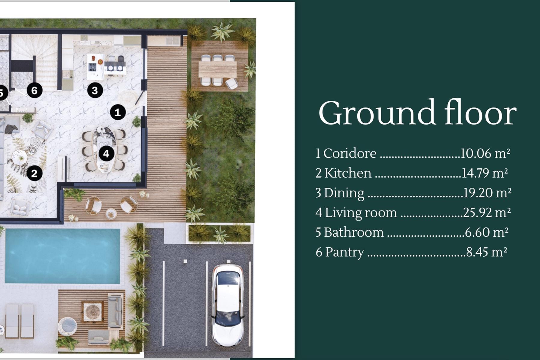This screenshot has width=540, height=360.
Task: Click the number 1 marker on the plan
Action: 118,112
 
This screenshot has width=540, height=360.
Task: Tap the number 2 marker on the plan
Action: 34,173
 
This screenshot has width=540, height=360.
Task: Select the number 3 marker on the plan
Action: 95,90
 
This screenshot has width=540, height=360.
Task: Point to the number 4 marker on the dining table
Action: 106,154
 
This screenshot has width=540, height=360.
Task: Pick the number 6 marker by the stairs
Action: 34,90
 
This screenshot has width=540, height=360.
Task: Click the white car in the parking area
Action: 228,305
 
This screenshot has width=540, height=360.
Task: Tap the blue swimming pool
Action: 62,256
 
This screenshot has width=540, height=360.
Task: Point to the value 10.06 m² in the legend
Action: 485,153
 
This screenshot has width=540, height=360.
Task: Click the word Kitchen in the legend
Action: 348,173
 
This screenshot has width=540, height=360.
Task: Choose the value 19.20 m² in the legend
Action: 487,193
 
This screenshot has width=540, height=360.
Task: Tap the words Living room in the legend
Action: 361,213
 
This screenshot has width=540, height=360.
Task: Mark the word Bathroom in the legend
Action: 354,232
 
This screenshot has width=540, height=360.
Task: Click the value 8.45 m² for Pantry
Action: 487,252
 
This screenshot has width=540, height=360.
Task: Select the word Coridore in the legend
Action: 350,154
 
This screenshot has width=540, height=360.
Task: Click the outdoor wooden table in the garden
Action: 218,69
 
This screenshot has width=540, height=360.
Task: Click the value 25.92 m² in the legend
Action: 487,213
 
